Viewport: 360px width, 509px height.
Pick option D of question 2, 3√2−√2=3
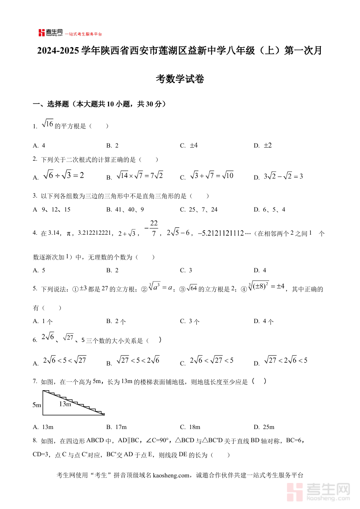283,176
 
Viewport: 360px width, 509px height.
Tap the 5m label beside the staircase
37,405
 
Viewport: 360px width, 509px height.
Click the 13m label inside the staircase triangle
65,404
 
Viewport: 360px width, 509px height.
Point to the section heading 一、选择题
48,104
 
